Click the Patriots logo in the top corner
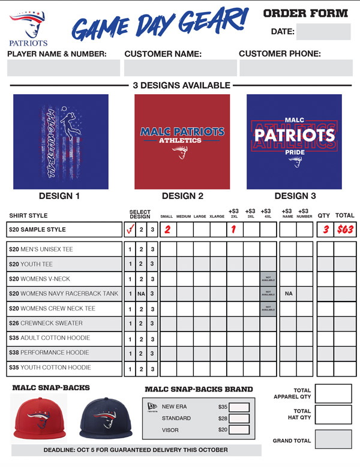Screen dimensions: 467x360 click(x=28, y=29)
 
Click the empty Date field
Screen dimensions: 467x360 click(x=323, y=32)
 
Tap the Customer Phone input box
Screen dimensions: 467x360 click(x=296, y=68)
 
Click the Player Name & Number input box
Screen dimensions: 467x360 click(x=64, y=68)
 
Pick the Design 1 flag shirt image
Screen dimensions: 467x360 click(x=61, y=141)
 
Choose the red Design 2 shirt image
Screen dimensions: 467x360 click(x=182, y=141)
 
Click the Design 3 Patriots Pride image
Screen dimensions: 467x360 click(x=294, y=141)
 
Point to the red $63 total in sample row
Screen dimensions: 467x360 click(x=345, y=230)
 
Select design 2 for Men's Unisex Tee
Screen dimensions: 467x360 click(x=141, y=249)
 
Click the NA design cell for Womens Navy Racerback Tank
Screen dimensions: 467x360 click(x=141, y=294)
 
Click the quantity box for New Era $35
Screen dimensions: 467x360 click(x=239, y=407)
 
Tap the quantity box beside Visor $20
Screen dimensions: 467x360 click(x=239, y=430)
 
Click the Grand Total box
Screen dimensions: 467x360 click(x=333, y=439)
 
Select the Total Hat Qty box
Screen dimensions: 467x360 click(x=333, y=415)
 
